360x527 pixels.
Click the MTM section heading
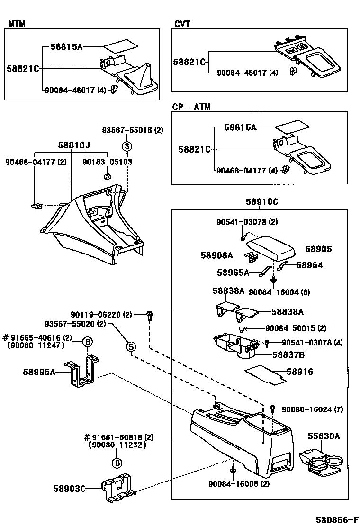point(17,24)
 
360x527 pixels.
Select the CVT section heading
point(182,24)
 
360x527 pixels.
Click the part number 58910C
point(261,202)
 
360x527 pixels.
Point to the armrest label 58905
point(318,249)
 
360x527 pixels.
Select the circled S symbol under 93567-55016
point(127,146)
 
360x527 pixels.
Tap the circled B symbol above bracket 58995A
point(87,342)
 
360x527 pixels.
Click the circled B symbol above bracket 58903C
point(117,463)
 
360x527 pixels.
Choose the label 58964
point(309,265)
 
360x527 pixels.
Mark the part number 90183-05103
point(107,162)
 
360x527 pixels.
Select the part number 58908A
point(216,255)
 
